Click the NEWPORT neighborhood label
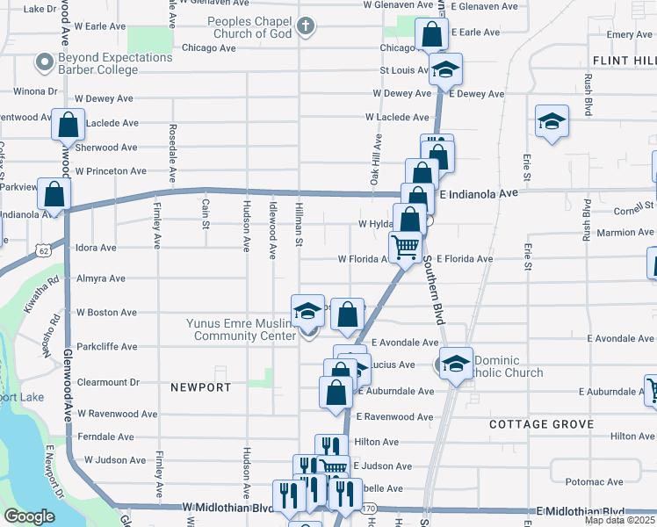(x=201, y=387)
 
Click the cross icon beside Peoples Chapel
(x=305, y=26)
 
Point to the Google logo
(x=29, y=516)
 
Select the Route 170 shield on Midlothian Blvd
(x=369, y=509)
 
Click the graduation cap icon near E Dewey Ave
(x=445, y=69)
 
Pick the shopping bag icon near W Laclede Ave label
(x=68, y=125)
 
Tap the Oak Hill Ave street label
(x=378, y=158)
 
